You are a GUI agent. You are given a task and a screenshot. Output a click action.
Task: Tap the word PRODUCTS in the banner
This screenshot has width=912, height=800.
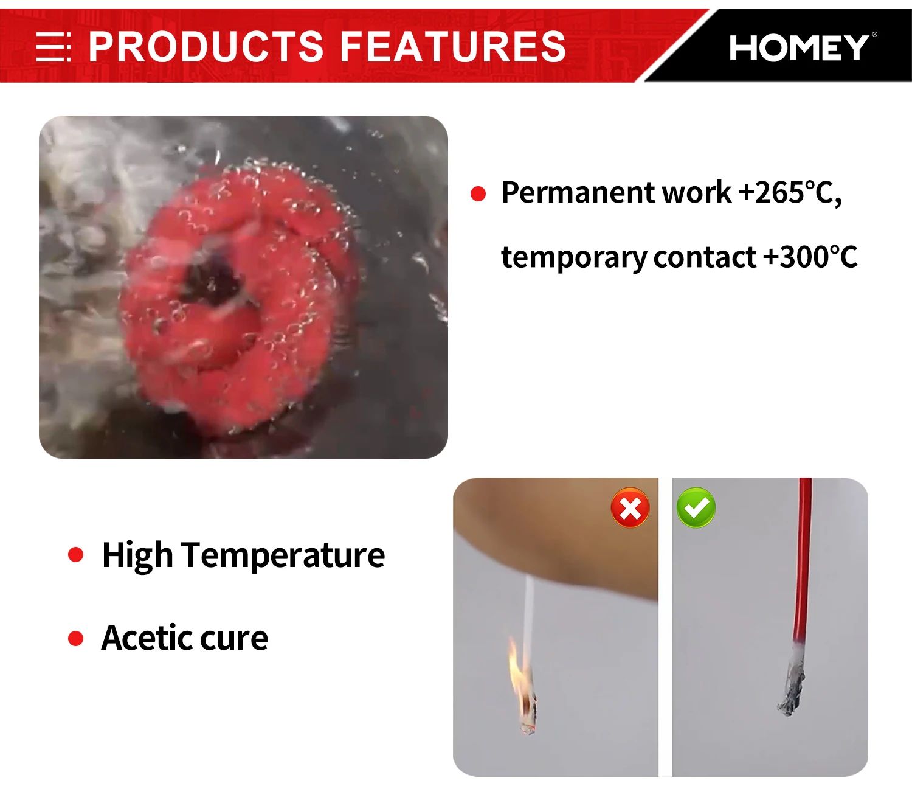point(206,46)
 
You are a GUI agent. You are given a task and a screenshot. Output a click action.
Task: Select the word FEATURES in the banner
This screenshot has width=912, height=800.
point(452,46)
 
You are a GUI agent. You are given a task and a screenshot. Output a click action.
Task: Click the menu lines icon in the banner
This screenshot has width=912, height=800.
point(53,46)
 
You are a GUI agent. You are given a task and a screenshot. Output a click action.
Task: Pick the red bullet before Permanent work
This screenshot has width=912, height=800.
point(478,193)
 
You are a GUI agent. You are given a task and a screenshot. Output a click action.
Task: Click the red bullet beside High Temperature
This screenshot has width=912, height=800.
point(75,554)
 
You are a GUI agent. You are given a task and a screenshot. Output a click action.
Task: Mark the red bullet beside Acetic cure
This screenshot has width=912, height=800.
point(75,638)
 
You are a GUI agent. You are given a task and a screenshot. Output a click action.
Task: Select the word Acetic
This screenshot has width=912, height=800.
point(147,638)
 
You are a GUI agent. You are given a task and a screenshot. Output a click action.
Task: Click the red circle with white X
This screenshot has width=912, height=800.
point(630,507)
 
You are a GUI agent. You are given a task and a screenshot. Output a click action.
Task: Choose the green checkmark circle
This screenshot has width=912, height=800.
point(696,507)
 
